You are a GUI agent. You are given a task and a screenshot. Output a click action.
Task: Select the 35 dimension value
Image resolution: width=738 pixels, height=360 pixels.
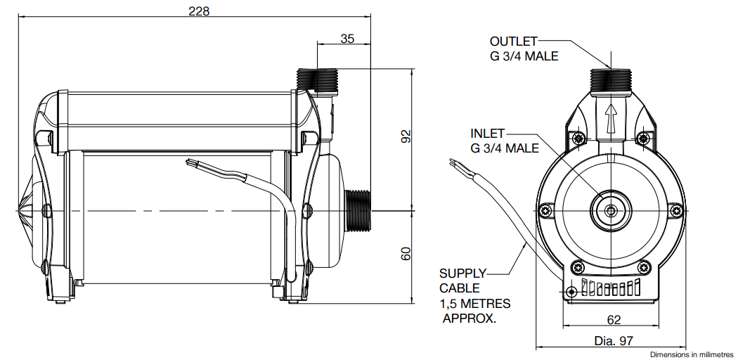[347, 39]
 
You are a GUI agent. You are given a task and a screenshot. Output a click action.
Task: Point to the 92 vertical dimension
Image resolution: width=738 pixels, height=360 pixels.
[405, 136]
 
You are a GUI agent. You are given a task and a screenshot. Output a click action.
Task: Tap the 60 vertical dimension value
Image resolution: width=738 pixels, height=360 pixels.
[405, 254]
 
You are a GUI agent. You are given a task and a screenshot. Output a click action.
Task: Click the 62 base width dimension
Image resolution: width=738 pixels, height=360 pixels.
[614, 320]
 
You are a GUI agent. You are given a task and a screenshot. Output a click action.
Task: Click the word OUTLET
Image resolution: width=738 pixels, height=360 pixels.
[513, 41]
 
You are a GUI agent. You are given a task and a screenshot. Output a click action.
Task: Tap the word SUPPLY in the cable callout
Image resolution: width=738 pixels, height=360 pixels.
[462, 274]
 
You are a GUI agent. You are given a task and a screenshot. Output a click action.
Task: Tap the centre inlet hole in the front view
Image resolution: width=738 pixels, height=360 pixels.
[610, 210]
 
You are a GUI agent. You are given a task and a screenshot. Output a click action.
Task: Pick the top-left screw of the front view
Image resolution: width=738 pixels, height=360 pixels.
[578, 139]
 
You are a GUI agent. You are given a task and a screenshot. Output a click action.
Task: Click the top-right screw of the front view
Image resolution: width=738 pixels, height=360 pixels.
[643, 139]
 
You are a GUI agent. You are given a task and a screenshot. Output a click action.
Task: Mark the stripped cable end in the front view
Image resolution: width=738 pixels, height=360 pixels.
[453, 163]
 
